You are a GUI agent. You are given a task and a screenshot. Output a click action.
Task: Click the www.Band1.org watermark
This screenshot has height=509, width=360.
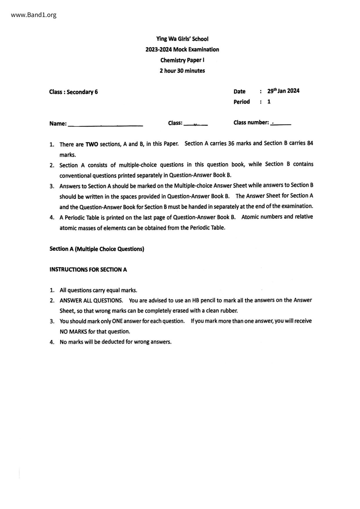34,15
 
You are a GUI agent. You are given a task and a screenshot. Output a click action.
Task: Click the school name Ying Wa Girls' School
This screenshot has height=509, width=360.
182,39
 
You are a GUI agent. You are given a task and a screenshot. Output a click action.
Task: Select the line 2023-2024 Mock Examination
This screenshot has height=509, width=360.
182,50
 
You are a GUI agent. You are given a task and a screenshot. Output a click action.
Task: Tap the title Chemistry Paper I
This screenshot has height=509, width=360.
182,60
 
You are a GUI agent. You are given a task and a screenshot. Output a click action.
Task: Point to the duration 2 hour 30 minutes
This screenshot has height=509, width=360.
182,71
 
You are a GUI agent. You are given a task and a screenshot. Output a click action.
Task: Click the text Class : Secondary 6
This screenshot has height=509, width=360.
73,92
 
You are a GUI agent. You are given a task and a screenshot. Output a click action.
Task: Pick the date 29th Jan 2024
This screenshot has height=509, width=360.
283,91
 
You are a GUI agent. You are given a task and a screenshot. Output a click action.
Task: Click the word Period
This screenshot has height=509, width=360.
242,102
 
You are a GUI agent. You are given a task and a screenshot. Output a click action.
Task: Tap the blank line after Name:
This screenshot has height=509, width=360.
105,125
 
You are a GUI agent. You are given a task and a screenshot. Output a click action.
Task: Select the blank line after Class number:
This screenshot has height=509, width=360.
281,124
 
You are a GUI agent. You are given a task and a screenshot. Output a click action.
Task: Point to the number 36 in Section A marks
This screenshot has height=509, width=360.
231,143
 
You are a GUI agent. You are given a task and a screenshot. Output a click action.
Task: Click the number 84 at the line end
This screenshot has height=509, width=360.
310,143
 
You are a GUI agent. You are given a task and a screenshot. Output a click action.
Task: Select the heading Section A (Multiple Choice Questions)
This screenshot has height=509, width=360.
97,249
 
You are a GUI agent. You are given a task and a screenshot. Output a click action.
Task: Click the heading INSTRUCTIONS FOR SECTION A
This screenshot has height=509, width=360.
88,270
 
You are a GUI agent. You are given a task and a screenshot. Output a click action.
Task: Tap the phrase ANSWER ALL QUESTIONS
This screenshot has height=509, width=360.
91,300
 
